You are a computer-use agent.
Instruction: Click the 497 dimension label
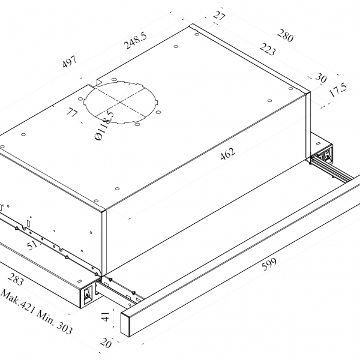[x=69, y=62]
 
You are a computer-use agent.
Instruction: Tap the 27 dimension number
[x=219, y=16]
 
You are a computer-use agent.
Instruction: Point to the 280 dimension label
[x=286, y=35]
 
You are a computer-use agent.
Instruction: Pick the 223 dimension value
[x=268, y=49]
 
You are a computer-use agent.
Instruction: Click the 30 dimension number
[x=321, y=77]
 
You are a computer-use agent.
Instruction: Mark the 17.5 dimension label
[x=338, y=90]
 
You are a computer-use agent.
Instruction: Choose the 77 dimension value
[x=73, y=112]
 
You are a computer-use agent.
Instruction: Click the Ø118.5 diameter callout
[x=104, y=125]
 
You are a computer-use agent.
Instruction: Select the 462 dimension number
[x=228, y=154]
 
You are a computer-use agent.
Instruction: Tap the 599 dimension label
[x=269, y=264]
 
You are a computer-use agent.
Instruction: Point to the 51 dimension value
[x=32, y=245]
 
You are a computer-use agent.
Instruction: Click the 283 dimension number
[x=16, y=278]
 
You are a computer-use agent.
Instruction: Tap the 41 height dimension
[x=106, y=316]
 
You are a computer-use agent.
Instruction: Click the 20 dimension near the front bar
[x=106, y=343]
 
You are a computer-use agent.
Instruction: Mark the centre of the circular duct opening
[x=120, y=102]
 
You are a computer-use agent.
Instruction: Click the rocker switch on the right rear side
[x=326, y=155]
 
